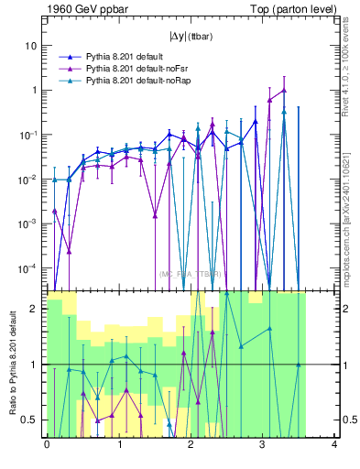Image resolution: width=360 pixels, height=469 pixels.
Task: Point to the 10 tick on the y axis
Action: click(x=32, y=46)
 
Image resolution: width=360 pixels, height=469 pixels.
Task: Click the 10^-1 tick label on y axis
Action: click(x=30, y=135)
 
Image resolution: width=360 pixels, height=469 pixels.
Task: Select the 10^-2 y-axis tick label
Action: click(x=30, y=180)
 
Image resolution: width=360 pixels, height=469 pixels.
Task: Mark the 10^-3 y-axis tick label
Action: click(x=30, y=224)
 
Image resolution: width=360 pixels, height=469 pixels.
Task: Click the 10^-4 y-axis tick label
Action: click(x=30, y=267)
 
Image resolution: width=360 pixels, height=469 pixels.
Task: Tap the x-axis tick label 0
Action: click(x=47, y=446)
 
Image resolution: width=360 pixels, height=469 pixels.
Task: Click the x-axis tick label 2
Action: click(x=191, y=446)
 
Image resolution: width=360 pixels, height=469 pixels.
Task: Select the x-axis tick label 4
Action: click(x=334, y=446)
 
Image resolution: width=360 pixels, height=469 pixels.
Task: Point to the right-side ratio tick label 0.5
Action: click(x=348, y=420)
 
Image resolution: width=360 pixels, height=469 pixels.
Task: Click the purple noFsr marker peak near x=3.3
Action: click(x=284, y=91)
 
